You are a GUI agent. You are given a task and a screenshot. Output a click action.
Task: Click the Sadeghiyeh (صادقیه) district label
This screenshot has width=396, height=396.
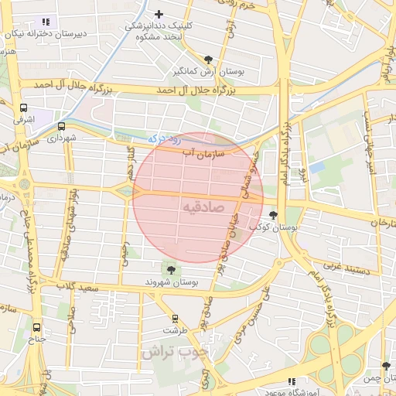pos(205,208)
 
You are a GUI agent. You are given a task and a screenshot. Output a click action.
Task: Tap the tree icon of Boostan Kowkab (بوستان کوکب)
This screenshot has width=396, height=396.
pos(272,216)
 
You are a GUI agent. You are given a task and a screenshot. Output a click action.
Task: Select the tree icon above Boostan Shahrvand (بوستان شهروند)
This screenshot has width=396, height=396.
pos(169,269)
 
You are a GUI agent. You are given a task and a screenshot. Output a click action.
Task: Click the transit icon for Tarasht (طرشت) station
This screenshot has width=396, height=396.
pos(175,318)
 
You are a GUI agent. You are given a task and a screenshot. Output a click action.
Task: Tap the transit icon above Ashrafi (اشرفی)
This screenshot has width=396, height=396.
pos(23,108)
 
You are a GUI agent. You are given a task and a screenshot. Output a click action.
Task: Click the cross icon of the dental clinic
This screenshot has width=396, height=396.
pos(159,14)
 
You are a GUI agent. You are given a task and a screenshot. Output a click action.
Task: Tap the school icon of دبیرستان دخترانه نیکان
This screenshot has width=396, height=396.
pos(46,22)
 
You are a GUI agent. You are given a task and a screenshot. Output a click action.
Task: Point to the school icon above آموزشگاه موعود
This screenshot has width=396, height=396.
pos(292,381)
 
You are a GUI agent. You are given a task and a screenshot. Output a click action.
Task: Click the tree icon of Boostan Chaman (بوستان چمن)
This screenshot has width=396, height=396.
pos(386,366)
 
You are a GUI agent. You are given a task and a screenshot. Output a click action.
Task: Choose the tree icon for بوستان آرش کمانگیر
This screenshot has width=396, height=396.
pos(208,59)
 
